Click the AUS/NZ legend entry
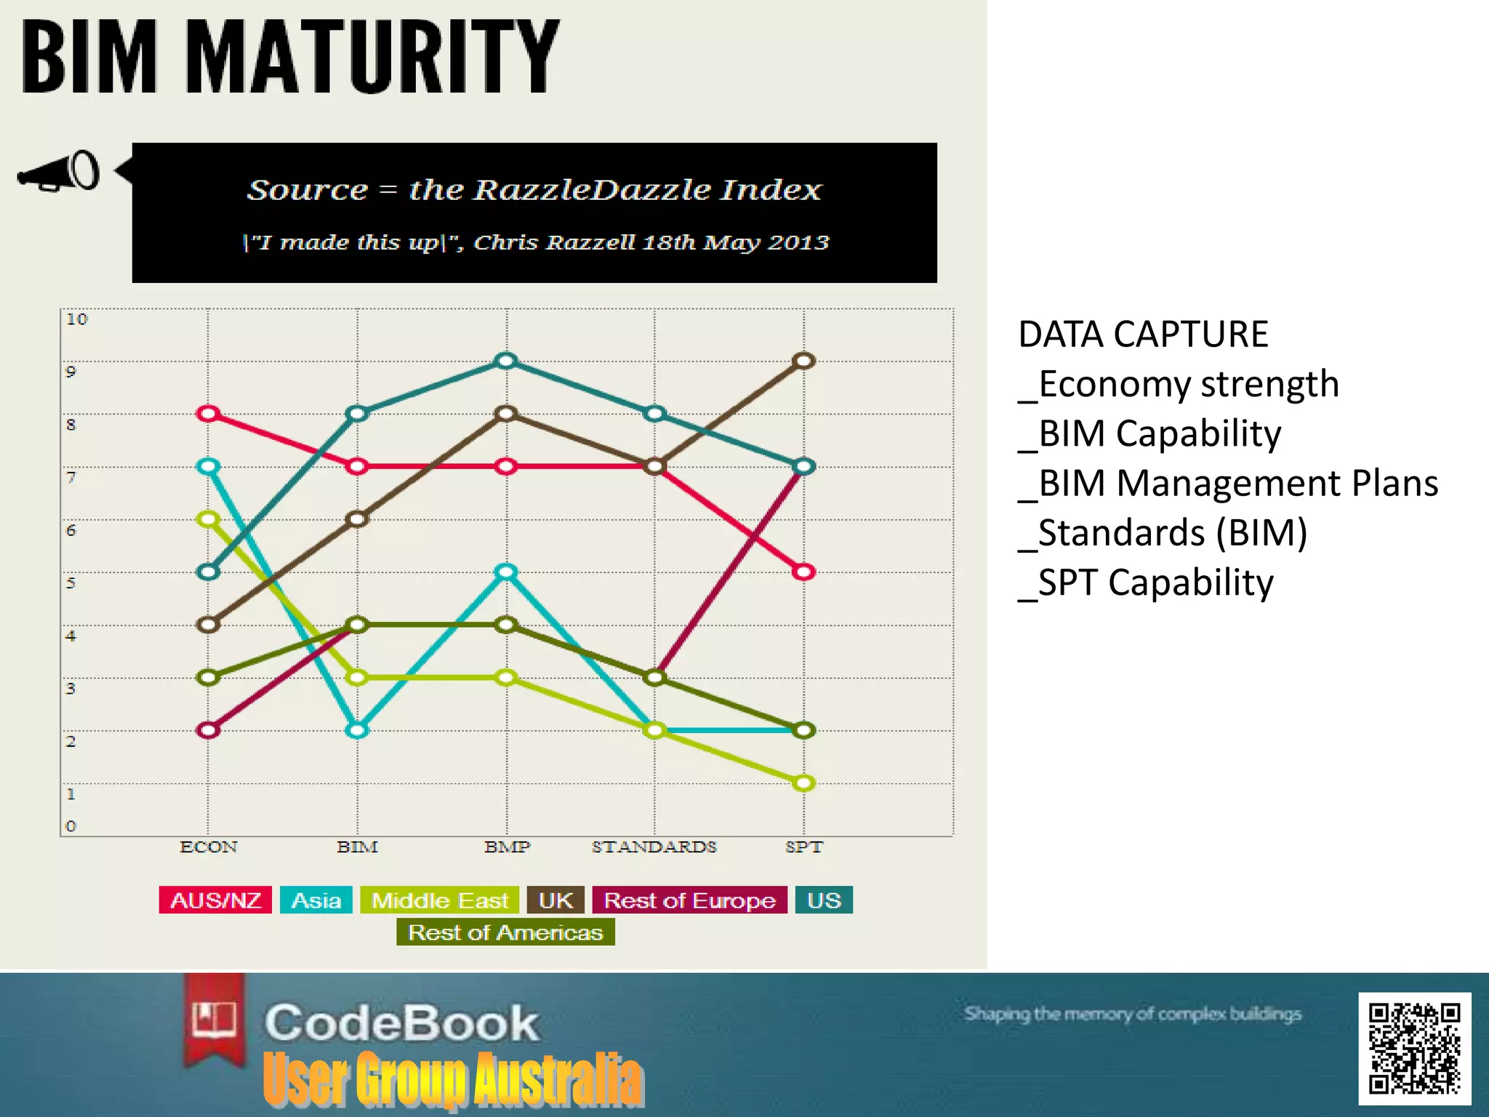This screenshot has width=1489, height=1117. click(x=215, y=900)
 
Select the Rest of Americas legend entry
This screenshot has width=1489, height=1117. click(x=505, y=932)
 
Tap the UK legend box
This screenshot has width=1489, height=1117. click(x=555, y=900)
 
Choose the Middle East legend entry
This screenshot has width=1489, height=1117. click(x=440, y=900)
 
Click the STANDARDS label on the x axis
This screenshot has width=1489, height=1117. click(x=654, y=847)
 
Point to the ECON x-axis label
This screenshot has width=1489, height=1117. click(x=209, y=847)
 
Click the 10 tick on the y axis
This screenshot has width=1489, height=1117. click(x=76, y=319)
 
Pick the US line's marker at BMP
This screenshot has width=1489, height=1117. click(x=506, y=361)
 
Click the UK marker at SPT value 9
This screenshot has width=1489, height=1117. click(x=803, y=361)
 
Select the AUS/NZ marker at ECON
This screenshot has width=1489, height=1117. click(x=209, y=414)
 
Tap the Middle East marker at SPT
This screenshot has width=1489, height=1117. click(x=803, y=783)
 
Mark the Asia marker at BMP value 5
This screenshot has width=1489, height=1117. click(x=506, y=572)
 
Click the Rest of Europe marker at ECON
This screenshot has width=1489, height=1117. click(x=209, y=730)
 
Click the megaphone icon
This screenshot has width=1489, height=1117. click(x=58, y=172)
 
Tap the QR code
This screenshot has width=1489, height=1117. click(x=1414, y=1048)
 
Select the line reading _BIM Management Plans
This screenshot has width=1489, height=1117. click(x=1228, y=484)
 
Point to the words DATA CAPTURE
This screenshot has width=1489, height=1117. click(x=1143, y=335)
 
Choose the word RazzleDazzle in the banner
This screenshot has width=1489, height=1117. click(x=592, y=190)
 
